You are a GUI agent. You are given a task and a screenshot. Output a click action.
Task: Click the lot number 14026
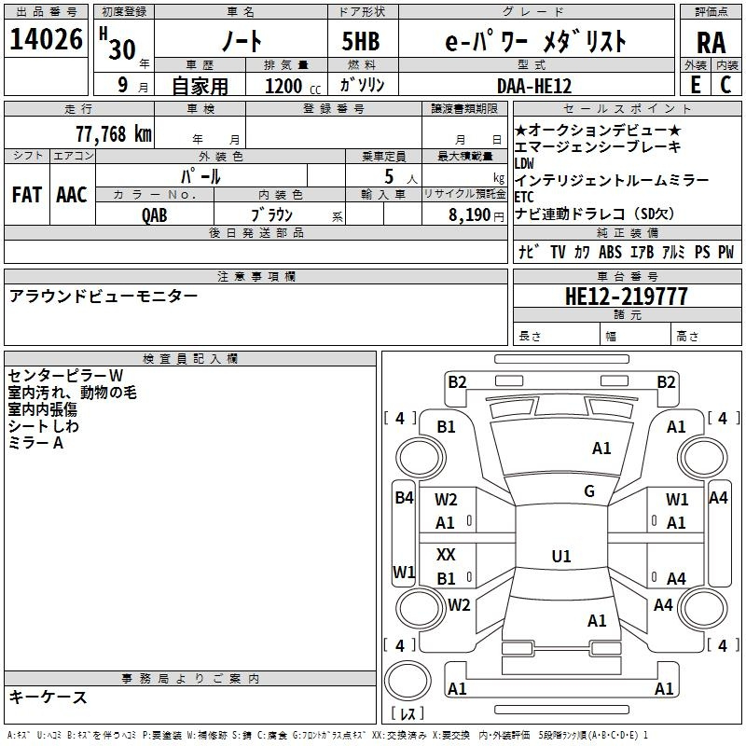click(46, 41)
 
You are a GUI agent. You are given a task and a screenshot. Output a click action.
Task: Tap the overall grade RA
click(711, 42)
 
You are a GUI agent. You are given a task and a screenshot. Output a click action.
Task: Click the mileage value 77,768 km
click(113, 133)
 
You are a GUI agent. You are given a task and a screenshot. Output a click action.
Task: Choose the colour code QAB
click(155, 214)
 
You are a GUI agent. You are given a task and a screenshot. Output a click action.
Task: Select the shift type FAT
click(27, 194)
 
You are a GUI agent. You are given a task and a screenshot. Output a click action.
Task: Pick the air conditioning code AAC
click(72, 194)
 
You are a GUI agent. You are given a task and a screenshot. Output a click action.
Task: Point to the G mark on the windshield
click(589, 491)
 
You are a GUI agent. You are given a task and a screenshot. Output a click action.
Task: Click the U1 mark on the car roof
click(561, 556)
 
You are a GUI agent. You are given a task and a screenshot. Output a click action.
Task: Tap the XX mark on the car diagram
click(446, 554)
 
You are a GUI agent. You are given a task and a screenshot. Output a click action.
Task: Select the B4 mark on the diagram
click(404, 498)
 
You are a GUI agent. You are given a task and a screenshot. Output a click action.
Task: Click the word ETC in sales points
click(524, 197)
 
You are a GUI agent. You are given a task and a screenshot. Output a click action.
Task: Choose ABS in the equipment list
click(610, 252)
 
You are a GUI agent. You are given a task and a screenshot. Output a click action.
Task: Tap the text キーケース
click(48, 697)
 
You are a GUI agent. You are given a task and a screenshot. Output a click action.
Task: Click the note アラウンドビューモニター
click(104, 296)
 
